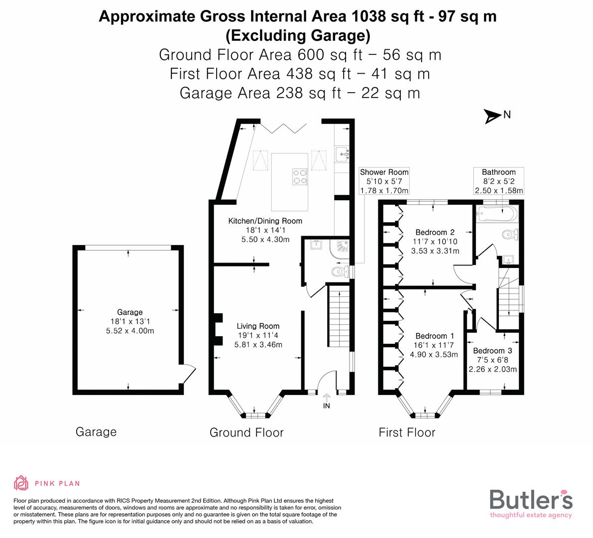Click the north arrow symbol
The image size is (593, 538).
[x=493, y=117]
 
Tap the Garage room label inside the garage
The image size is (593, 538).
[x=129, y=312]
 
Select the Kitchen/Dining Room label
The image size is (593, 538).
[x=265, y=221]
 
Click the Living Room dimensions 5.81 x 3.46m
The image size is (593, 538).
[x=258, y=345]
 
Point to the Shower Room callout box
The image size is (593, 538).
[x=384, y=181]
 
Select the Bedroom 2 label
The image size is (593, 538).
[x=435, y=232]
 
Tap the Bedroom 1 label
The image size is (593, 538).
[x=434, y=336]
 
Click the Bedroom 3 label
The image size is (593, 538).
[x=492, y=351]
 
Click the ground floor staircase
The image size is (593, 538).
[x=339, y=319]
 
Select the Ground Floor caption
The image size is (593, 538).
[x=246, y=432]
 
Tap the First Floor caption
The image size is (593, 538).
[x=407, y=432]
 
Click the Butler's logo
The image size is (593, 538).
[x=531, y=503]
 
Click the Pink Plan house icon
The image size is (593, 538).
[x=21, y=483]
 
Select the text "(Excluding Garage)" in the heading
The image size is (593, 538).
[x=297, y=35]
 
